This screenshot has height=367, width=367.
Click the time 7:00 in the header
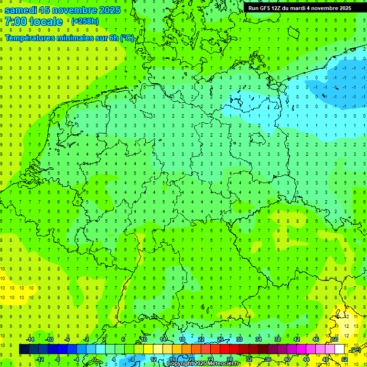[x=15, y=22]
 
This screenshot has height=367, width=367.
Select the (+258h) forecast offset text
[x=85, y=22]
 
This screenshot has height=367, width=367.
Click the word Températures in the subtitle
[x=31, y=38]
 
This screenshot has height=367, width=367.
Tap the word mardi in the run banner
[x=304, y=8]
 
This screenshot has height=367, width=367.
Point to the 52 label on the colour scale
[x=345, y=359]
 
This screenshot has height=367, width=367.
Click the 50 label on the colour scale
[x=335, y=339]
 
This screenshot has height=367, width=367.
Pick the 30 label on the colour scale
[x=239, y=339]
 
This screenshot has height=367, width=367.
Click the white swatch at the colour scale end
[x=340, y=349]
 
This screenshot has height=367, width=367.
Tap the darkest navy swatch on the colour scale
[x=24, y=349]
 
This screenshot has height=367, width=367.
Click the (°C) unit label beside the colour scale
[x=355, y=350]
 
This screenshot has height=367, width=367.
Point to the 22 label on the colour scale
[x=201, y=339]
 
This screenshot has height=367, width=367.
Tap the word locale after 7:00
[x=46, y=22]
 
